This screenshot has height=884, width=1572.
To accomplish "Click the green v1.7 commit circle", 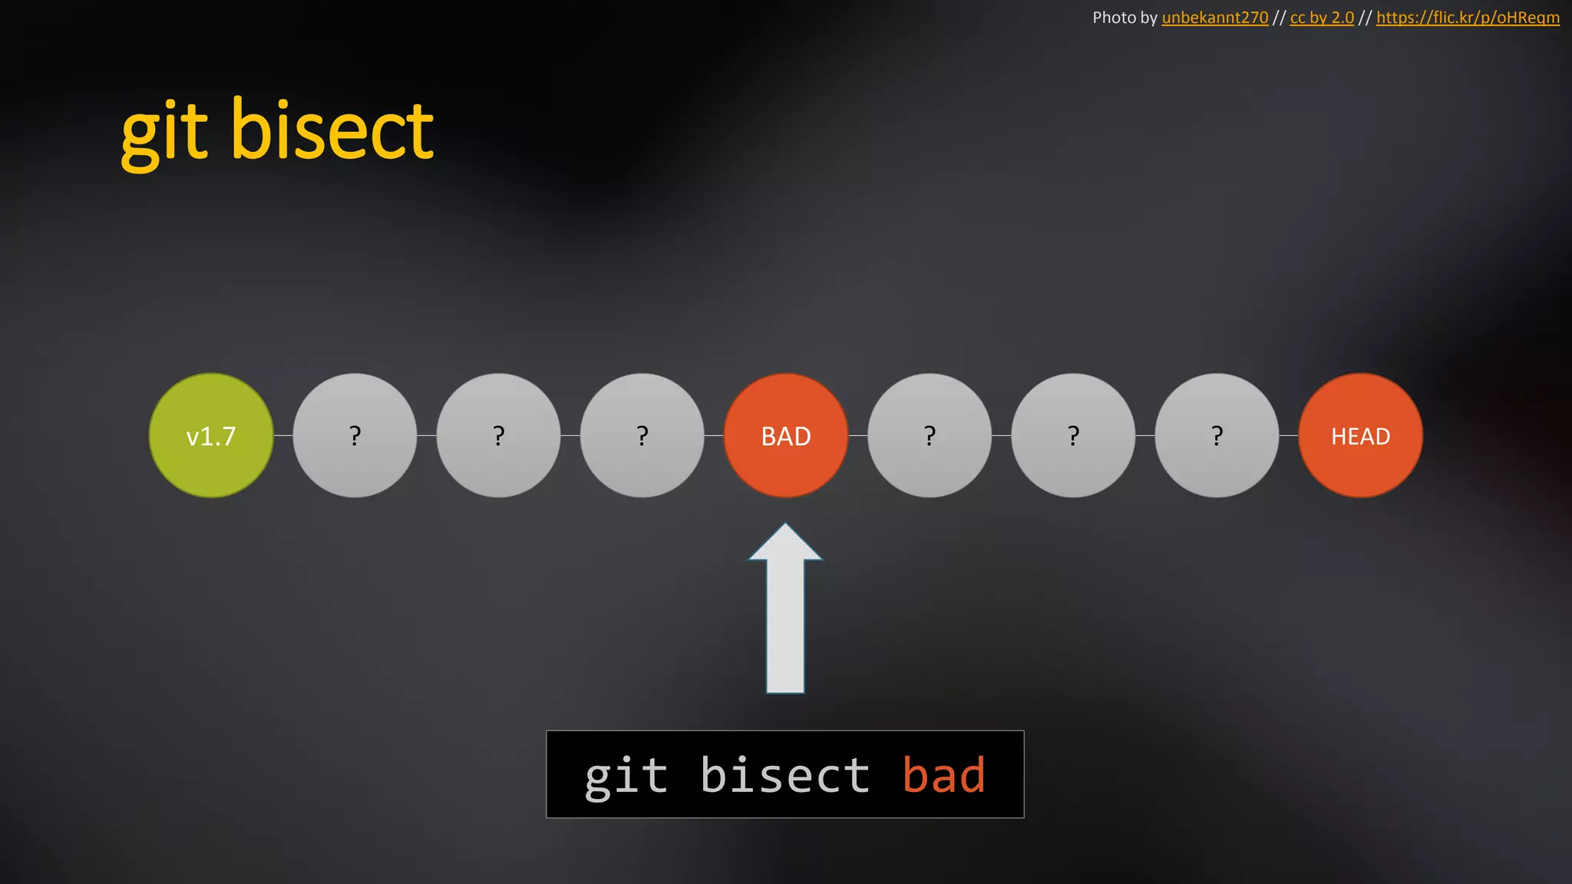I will pos(211,436).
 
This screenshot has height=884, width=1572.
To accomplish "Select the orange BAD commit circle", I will pos(786,436).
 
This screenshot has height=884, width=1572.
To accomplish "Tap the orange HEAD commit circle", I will pos(1360,436).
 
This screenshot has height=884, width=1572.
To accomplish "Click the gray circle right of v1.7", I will pos(355,436).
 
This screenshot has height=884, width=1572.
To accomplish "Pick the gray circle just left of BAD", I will pos(642,436).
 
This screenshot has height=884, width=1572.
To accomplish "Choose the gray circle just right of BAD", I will pos(930,436).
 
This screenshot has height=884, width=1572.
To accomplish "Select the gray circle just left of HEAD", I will pos(1217,436).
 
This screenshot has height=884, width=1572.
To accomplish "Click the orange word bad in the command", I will pos(943,775).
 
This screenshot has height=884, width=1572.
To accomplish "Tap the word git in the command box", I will pos(626,775).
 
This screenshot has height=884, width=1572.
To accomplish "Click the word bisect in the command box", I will pos(784,775).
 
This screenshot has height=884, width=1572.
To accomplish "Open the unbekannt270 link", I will pos(1215,18).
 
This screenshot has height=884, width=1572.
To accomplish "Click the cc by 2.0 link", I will pos(1322,18).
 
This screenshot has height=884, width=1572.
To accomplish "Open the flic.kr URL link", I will pos(1468,18).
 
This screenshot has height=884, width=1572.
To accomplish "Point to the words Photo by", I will pos(1125,18).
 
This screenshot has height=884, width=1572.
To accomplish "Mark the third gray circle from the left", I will pos(642,436).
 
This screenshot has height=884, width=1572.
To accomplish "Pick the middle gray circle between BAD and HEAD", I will pos(1073,436).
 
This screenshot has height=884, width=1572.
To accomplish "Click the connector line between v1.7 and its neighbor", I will pos(283,436).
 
